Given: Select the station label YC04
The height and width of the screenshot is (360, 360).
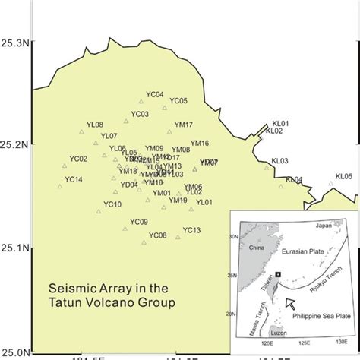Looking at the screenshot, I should [x=154, y=95].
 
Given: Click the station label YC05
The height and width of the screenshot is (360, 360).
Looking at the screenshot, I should [x=178, y=101].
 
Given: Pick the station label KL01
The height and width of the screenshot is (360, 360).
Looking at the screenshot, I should [x=281, y=123].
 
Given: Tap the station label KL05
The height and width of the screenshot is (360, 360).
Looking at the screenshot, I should [x=345, y=175].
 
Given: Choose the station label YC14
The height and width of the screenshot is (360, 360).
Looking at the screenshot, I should [x=74, y=179].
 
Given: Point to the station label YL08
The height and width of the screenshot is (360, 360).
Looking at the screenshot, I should [x=95, y=125].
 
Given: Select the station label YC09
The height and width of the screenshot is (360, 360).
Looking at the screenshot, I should [x=138, y=222].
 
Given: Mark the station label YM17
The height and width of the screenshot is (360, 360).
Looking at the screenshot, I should [x=184, y=125].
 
